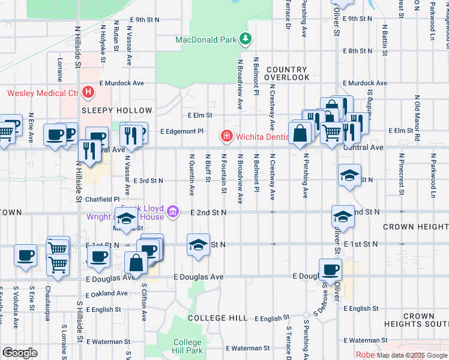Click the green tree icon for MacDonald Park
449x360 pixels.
click(244, 40)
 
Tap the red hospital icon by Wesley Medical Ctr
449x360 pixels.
click(88, 93)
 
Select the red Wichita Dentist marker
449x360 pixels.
click(227, 135)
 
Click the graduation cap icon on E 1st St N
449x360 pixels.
click(198, 245)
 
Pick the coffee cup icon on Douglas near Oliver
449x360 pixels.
click(330, 270)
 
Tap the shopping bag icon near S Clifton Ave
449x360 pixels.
click(136, 263)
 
